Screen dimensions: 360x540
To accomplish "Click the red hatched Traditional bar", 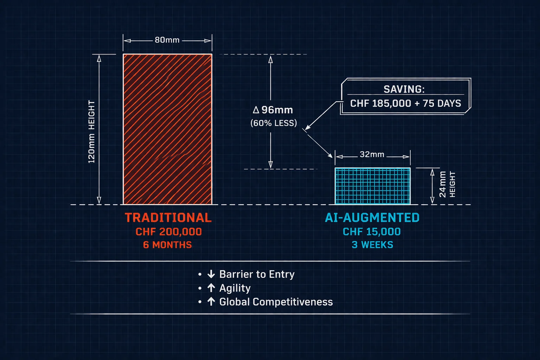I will point(167,129).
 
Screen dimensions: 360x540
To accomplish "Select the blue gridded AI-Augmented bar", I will point(372,186).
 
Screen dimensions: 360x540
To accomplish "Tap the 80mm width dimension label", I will point(167,40).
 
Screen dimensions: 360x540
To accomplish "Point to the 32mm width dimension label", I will point(372,155).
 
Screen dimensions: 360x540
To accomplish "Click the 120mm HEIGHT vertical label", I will point(91,131).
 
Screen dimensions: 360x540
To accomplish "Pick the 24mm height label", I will point(443,184).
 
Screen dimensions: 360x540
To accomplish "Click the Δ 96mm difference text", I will point(273,110).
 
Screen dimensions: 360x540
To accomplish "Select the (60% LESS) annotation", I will point(274,123).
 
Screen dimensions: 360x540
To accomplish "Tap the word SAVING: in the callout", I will point(404,89).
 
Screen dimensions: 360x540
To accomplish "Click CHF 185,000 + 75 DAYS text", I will point(405,103).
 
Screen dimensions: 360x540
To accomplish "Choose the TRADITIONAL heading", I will point(168,218).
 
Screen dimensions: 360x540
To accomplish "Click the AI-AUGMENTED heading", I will point(372,218).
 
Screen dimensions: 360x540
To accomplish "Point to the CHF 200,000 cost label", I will point(169,232).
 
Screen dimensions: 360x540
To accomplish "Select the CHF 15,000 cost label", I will point(372,232).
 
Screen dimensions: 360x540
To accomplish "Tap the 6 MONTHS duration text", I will point(167,245).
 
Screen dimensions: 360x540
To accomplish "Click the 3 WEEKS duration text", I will point(372,245).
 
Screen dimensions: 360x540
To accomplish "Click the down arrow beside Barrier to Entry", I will point(211,274).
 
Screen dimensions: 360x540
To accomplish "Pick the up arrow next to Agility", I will point(211,288).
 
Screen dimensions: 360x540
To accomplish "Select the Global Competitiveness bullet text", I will point(276,302).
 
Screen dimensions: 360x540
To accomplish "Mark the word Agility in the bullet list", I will point(235,288).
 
